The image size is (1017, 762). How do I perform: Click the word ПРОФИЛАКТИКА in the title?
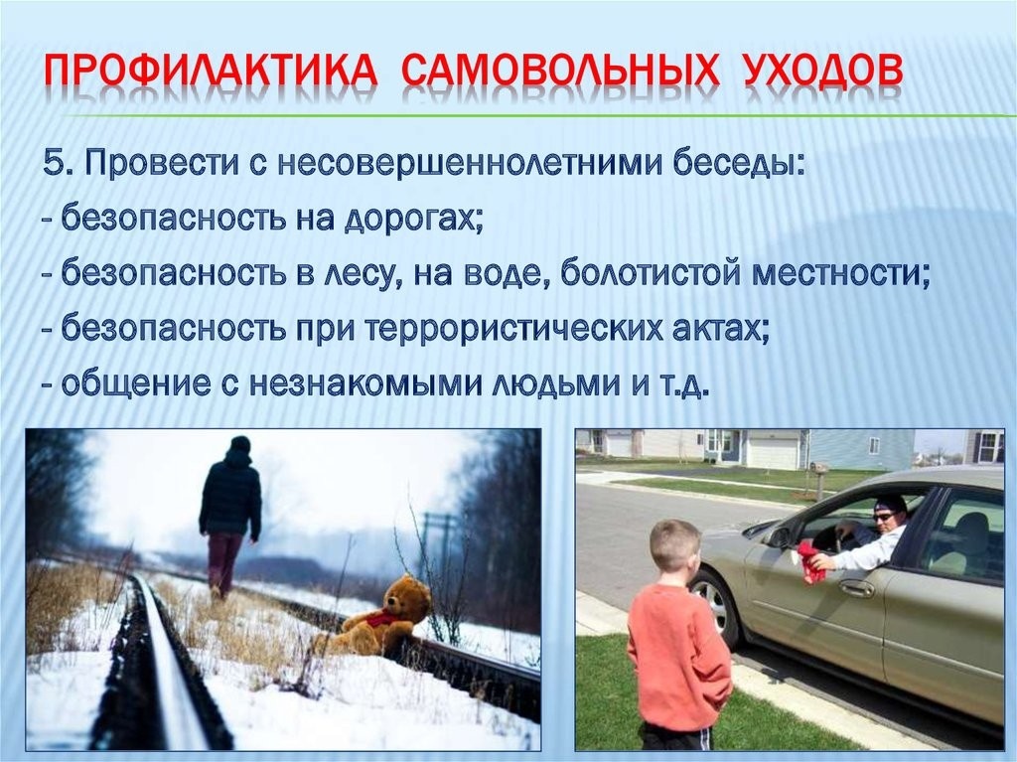(x=210, y=71)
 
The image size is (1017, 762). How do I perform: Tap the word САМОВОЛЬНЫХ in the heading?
(x=561, y=71)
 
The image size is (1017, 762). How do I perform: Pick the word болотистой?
(x=650, y=273)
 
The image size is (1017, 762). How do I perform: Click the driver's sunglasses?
(x=883, y=517)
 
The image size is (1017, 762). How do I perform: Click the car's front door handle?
(x=857, y=589)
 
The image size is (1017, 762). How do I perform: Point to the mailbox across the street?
(x=819, y=468)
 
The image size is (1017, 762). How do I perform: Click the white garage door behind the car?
(x=773, y=451)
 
